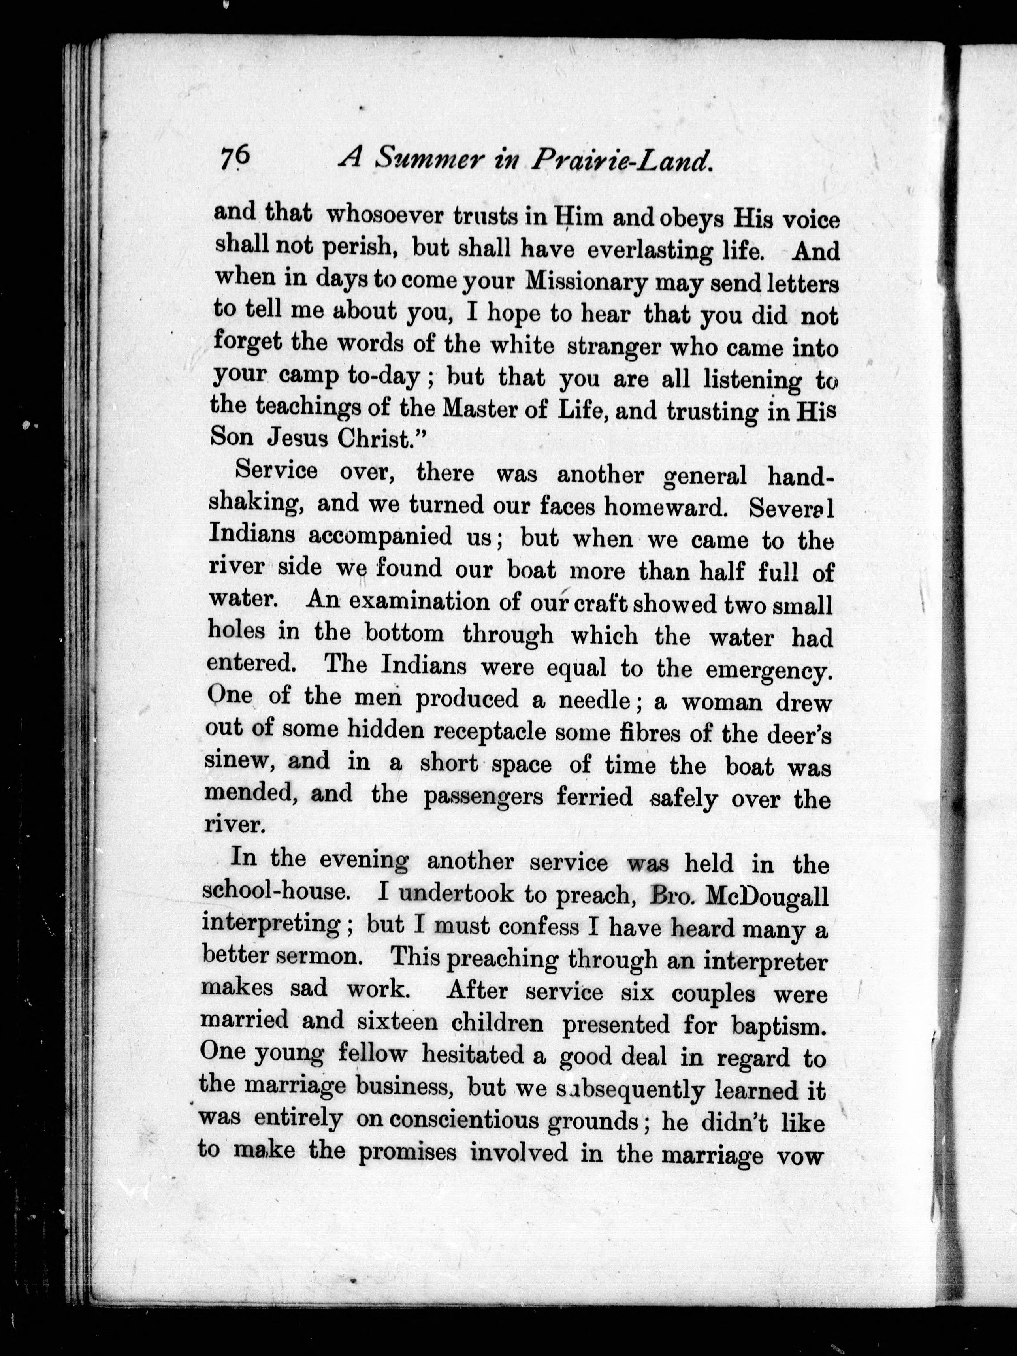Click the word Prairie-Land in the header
[x=624, y=161]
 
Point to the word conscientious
[x=465, y=1120]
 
